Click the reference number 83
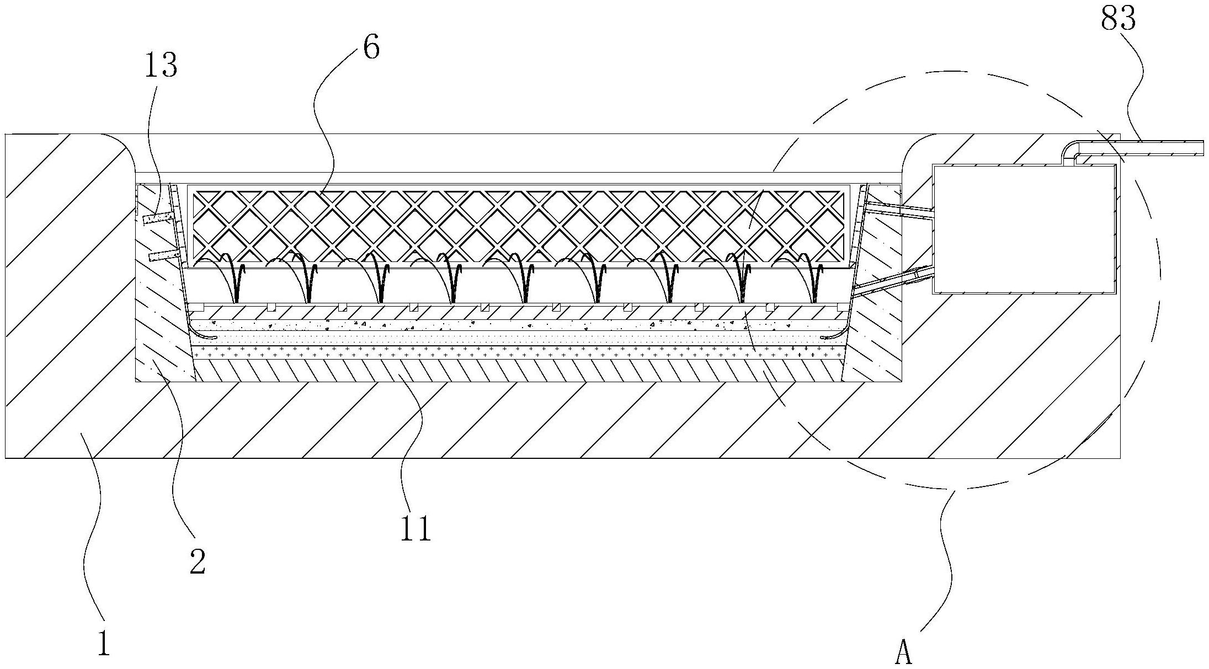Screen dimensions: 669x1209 click(1118, 20)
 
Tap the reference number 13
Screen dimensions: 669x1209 click(161, 66)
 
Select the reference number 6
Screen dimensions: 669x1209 click(371, 49)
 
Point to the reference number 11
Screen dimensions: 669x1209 click(416, 529)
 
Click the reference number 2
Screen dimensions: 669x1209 click(197, 563)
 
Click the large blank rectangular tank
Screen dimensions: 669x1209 click(1023, 228)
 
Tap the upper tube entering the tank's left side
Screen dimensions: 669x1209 click(899, 211)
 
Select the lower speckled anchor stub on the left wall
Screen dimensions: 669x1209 click(163, 255)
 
